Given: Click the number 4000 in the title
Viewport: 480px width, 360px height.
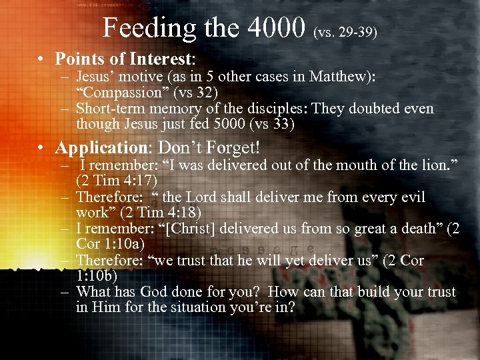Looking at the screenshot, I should click(x=276, y=27).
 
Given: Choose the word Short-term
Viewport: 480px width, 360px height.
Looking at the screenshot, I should click(x=111, y=109).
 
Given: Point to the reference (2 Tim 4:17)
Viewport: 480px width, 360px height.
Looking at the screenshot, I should click(x=117, y=181).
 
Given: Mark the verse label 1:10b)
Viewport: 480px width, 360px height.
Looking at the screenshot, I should click(x=99, y=275).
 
